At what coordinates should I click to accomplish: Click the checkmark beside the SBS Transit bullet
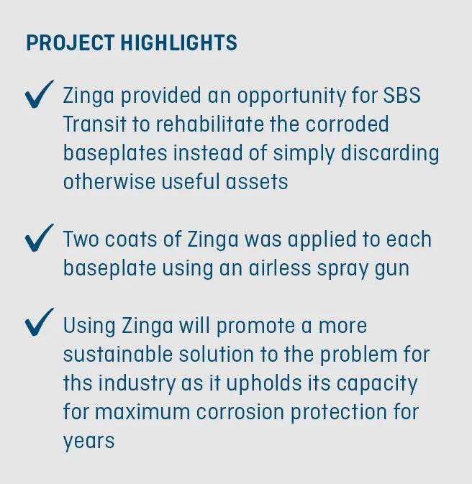40,96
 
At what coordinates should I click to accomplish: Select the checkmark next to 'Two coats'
40,239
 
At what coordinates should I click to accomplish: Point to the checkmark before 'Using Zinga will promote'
40,325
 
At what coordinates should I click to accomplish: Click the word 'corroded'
347,124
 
